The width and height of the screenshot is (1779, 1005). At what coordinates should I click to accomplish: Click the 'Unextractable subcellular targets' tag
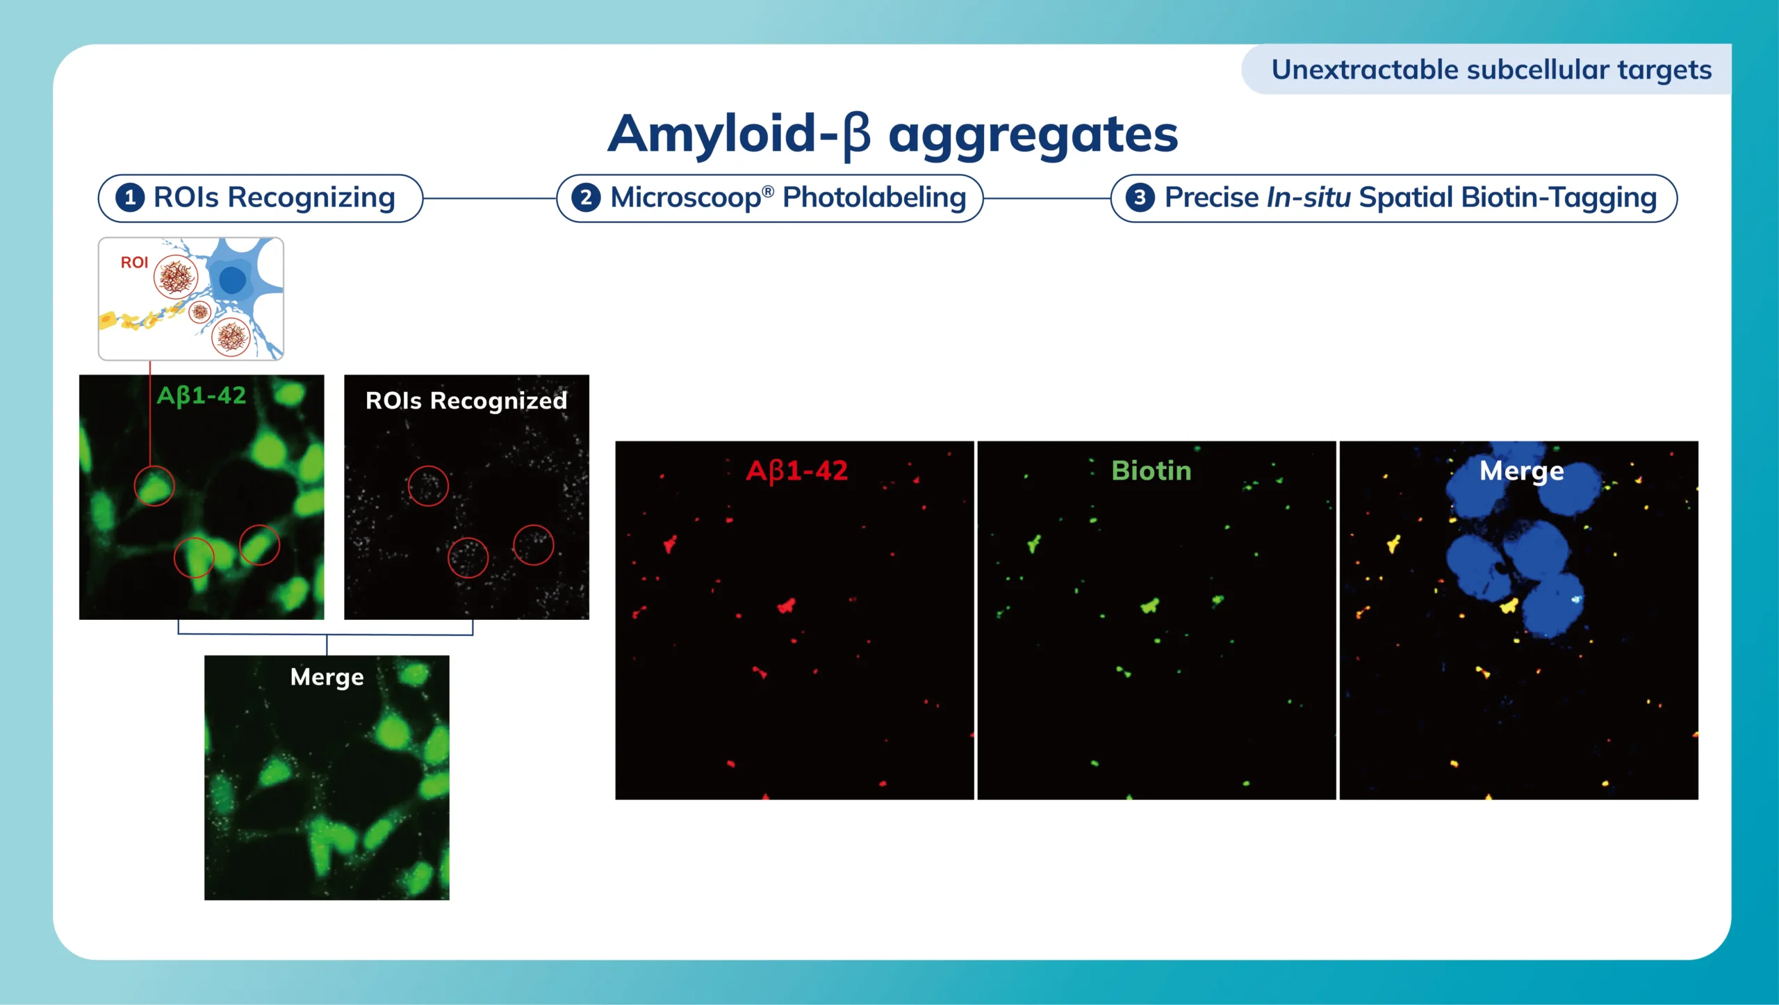coord(1491,70)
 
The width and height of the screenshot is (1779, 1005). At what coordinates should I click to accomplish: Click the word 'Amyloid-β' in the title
coord(739,134)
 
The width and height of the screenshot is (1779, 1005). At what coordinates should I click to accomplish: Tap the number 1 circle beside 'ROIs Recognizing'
coord(130,197)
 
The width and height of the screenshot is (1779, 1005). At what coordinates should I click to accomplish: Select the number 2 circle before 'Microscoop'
coord(586,197)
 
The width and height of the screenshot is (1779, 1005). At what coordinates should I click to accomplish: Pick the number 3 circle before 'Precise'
coord(1139,197)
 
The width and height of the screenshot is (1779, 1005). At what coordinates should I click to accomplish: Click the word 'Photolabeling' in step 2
coord(874,198)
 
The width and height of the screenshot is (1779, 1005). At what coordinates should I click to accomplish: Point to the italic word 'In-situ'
coord(1309,197)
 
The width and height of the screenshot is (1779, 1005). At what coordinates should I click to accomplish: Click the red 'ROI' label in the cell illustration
coord(134,262)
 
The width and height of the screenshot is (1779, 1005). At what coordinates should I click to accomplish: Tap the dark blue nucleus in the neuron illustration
coord(232,280)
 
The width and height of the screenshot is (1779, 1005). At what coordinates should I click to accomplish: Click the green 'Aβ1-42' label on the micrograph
coord(202,396)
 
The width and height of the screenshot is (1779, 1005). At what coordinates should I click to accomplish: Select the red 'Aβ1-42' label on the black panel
coord(796,471)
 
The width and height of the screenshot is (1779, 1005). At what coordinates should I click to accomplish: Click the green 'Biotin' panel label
coord(1151,471)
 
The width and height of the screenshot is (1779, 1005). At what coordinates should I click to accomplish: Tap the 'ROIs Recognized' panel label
coord(466,401)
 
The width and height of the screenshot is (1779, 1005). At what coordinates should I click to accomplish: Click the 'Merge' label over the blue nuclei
coord(1521,472)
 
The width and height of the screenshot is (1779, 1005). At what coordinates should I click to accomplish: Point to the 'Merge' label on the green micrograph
coord(327,678)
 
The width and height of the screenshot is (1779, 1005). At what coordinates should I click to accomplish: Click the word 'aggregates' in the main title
coord(1033,137)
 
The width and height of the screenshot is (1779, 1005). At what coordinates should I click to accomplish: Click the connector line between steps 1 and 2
coord(490,198)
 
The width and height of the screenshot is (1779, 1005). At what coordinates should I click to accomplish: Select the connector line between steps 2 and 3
coord(1047,198)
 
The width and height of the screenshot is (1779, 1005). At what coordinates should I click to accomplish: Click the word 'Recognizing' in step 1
coord(311,199)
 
